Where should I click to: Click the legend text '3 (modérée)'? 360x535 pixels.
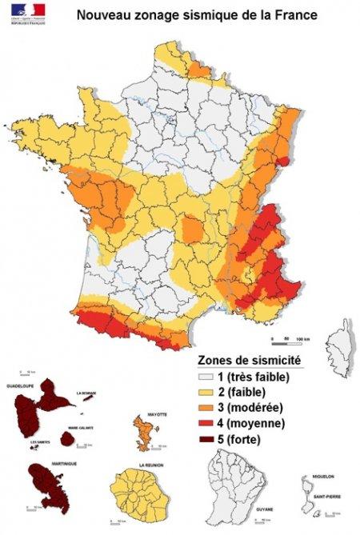coord(253,407)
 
